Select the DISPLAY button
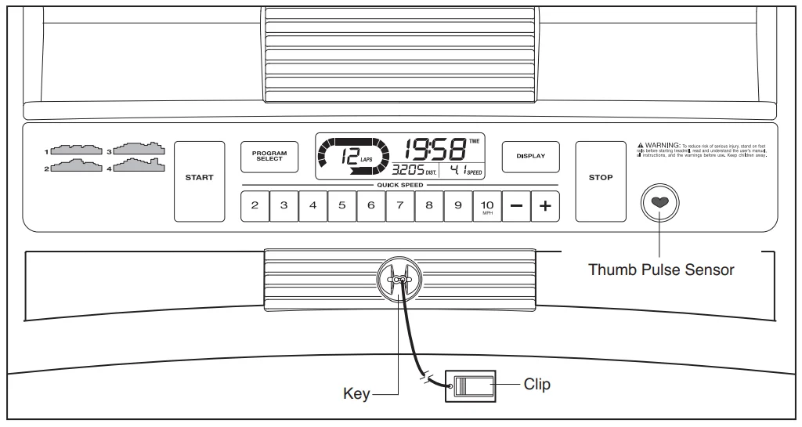click(530, 156)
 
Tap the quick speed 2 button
click(255, 205)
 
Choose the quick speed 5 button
click(341, 205)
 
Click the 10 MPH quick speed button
click(487, 205)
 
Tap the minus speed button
click(516, 205)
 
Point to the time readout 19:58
click(435, 149)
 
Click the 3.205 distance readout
click(409, 170)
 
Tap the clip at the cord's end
click(470, 386)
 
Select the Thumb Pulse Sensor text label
click(661, 270)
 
